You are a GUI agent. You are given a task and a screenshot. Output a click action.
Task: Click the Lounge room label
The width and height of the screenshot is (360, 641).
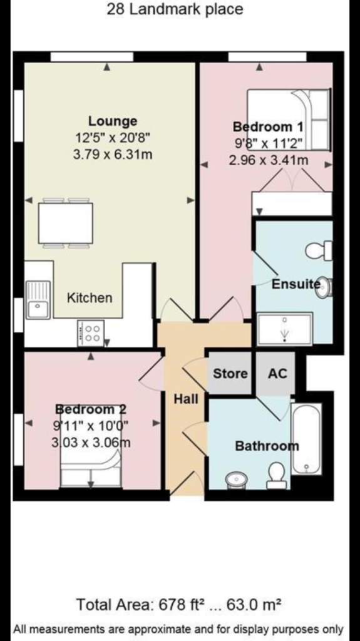113,121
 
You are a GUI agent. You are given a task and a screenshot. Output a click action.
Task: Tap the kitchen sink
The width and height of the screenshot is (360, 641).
38,300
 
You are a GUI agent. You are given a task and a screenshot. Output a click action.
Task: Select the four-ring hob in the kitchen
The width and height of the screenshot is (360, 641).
90,333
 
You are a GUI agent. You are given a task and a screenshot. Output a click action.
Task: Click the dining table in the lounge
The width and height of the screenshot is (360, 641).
66,223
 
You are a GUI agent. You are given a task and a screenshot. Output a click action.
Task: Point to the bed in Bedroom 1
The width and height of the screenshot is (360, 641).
289,120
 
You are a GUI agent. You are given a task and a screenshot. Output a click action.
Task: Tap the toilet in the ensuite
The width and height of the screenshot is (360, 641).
319,250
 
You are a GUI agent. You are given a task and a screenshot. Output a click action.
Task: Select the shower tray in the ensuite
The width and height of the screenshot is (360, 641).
285,328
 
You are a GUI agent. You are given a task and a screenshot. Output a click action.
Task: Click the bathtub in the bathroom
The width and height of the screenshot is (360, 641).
306,438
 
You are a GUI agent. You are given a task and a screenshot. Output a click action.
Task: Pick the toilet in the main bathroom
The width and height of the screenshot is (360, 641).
277,476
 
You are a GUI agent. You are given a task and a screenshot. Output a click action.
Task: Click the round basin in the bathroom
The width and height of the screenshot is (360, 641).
237,479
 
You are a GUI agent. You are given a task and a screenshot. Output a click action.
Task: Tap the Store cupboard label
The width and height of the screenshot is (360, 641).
230,373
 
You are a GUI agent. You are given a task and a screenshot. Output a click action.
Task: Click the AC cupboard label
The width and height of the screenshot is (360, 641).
277,373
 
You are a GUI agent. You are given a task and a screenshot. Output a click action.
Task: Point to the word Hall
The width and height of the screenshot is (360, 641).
186,399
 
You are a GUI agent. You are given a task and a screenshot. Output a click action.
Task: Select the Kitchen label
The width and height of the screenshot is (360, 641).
90,297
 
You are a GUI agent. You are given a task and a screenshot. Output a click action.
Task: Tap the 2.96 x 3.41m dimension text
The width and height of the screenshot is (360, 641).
269,160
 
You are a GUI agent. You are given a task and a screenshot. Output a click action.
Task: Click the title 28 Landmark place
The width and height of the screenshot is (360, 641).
175,9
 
